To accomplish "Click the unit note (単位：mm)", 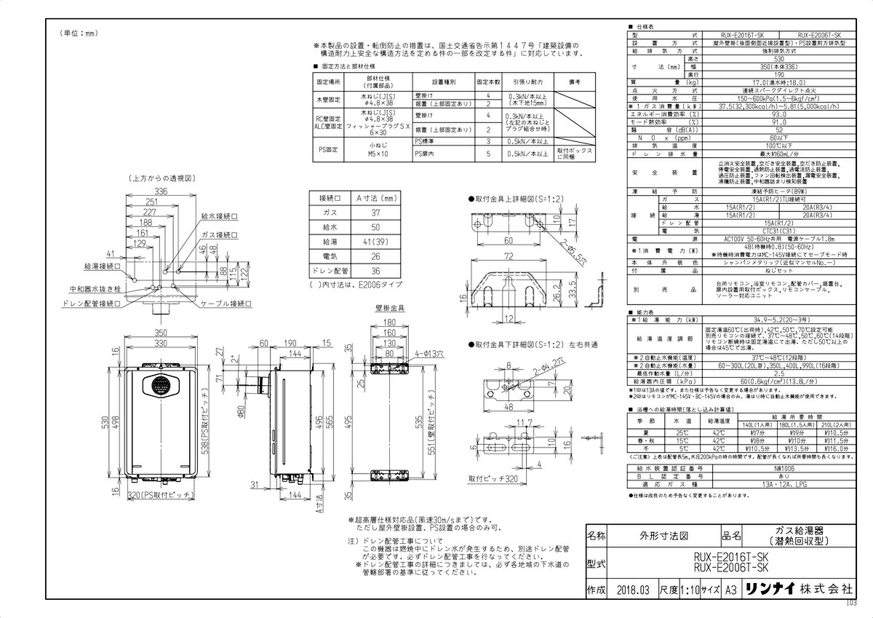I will click(77, 33).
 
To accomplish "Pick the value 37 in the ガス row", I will click(375, 213).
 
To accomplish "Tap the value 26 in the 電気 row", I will click(375, 256).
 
